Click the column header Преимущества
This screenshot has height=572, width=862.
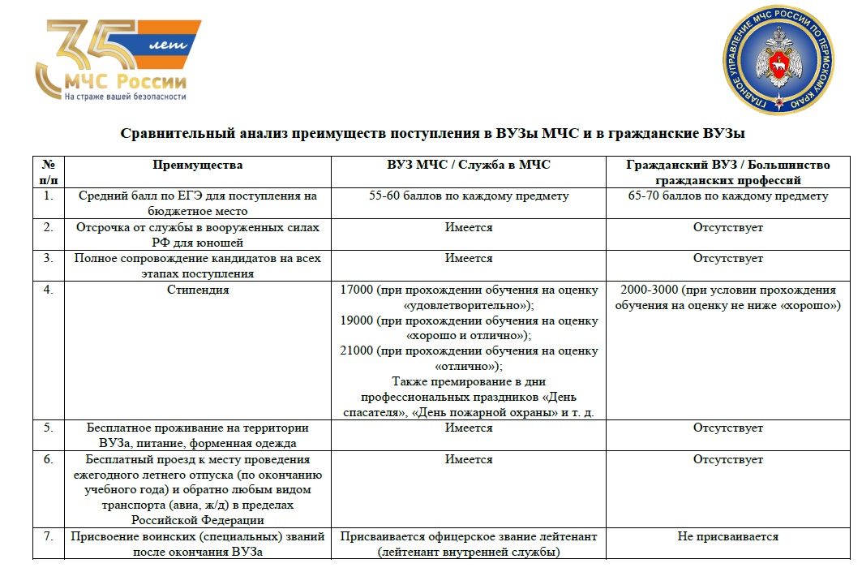[197, 165]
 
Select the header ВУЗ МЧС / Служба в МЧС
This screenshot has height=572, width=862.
[468, 165]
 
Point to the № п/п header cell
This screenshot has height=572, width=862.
[48, 172]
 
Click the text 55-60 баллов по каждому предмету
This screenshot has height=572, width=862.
[468, 196]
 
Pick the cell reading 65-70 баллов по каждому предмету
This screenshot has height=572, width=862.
[727, 196]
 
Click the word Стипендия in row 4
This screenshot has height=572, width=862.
[197, 290]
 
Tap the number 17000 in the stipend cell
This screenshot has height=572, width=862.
[357, 290]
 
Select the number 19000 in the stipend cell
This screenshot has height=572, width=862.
[357, 320]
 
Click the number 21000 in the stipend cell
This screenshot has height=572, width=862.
[357, 351]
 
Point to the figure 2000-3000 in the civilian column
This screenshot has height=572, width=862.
[647, 290]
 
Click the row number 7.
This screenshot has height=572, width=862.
[49, 536]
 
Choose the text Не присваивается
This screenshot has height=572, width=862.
[727, 536]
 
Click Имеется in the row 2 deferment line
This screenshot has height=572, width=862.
[468, 227]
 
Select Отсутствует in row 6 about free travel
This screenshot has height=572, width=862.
[727, 459]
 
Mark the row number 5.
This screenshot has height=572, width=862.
[49, 428]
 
